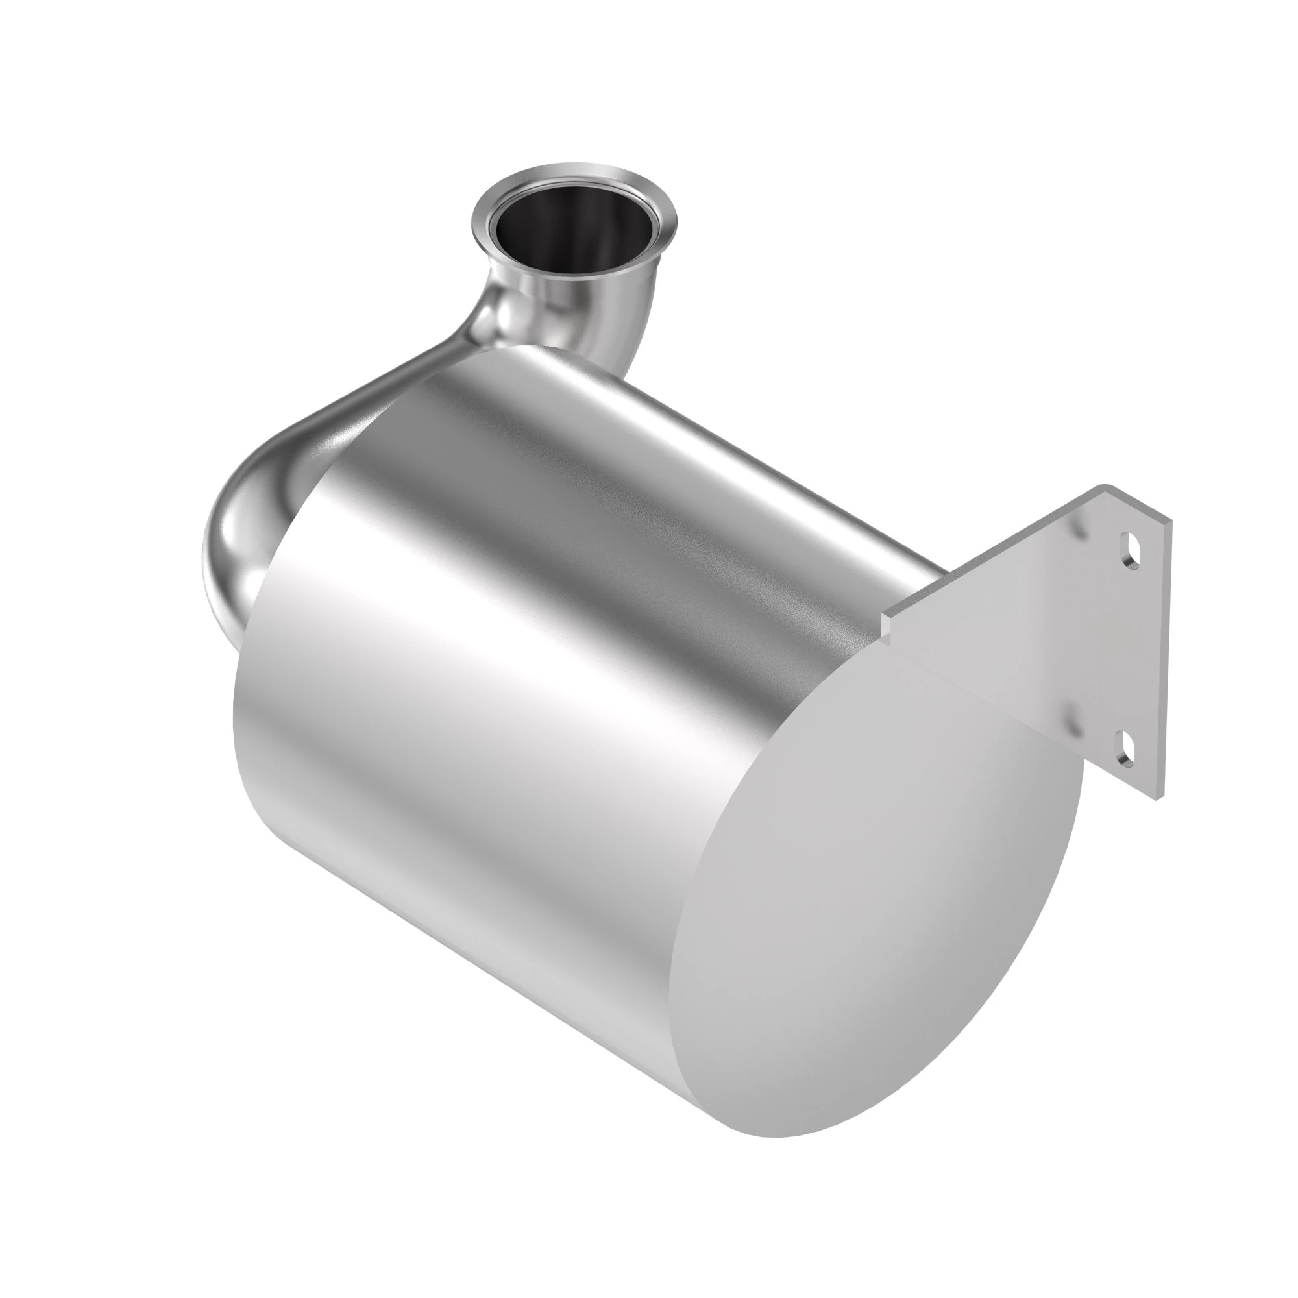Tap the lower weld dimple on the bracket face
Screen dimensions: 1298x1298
pos(1070,722)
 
